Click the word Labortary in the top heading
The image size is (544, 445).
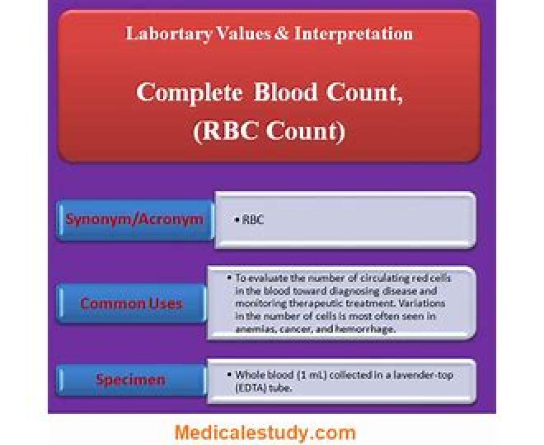click(x=169, y=34)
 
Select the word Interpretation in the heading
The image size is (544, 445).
click(x=354, y=34)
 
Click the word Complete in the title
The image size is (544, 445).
click(x=189, y=93)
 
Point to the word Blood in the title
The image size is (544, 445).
click(x=285, y=92)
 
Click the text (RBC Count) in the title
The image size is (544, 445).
click(x=269, y=131)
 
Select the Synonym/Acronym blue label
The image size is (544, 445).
click(x=135, y=220)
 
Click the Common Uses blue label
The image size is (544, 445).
click(x=131, y=303)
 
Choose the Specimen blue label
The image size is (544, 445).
click(x=131, y=380)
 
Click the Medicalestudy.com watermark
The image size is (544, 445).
click(x=265, y=432)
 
